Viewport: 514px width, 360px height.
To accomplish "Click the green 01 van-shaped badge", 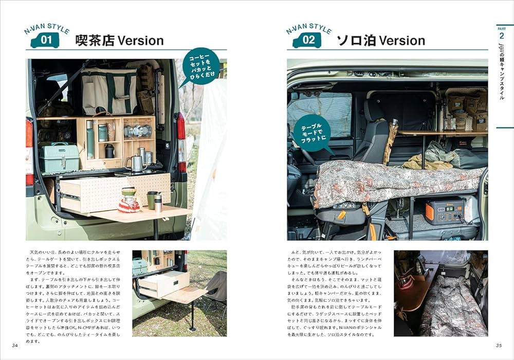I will pos(45,40).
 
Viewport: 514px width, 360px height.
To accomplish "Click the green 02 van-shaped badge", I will pos(307,40).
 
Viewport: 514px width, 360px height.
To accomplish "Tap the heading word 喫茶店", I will pos(95,41).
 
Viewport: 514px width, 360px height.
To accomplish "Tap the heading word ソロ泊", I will pos(355,41).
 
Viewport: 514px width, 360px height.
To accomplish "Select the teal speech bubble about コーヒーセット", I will pos(199,66).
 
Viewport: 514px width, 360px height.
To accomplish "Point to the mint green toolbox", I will pos(60,157).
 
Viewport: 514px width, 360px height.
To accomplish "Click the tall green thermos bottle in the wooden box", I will pos(90,140).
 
